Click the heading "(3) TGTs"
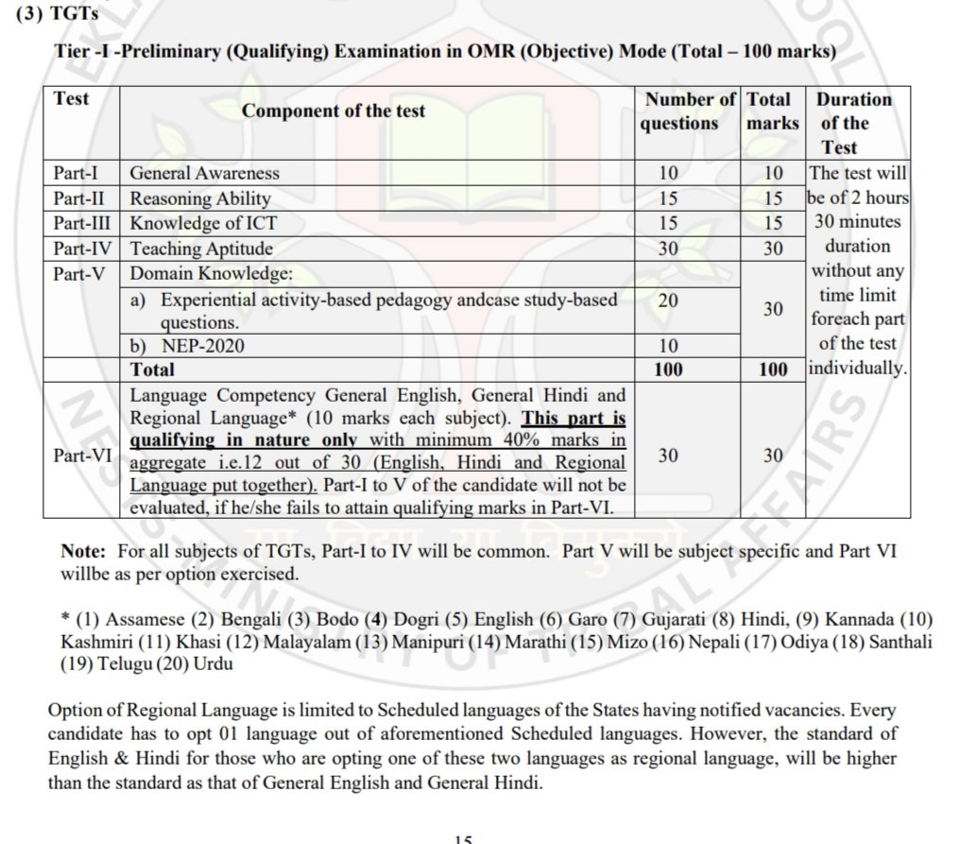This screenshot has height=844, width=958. tap(64, 14)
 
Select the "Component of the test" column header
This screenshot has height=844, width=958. tap(333, 111)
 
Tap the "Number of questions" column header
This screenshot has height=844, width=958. tap(688, 112)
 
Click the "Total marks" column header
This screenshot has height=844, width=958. tap(772, 112)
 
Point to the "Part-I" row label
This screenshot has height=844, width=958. tap(79, 173)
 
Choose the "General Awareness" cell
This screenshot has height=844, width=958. tap(204, 173)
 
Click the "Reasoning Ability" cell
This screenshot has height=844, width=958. tap(199, 198)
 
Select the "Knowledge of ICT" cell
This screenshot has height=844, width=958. tap(203, 224)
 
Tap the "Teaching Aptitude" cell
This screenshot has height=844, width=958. tap(201, 249)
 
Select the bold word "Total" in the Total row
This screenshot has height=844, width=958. tap(152, 370)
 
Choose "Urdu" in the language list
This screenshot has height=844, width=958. tap(214, 663)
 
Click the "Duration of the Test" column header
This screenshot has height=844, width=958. tap(852, 123)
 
